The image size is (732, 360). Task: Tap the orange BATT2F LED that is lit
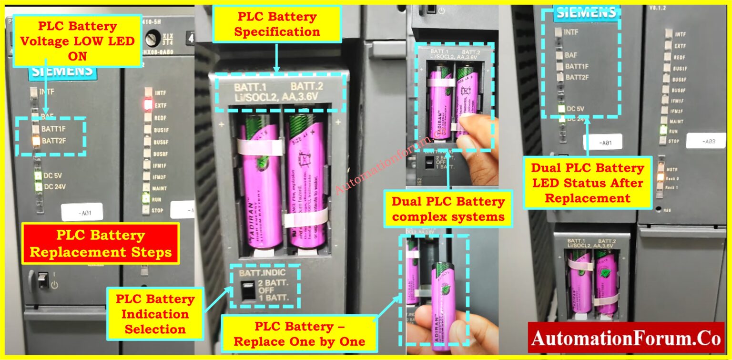coord(35,141)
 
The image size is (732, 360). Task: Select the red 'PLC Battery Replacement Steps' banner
coord(101,243)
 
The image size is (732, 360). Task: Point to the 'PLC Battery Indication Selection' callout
coord(155,314)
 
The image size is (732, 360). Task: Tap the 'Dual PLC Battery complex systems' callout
coord(448,209)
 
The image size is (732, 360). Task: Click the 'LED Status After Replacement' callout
coord(587,183)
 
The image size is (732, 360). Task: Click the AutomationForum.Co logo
coord(626,338)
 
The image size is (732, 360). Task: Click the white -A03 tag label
coord(706,142)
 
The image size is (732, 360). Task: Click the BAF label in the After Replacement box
coord(570,55)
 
